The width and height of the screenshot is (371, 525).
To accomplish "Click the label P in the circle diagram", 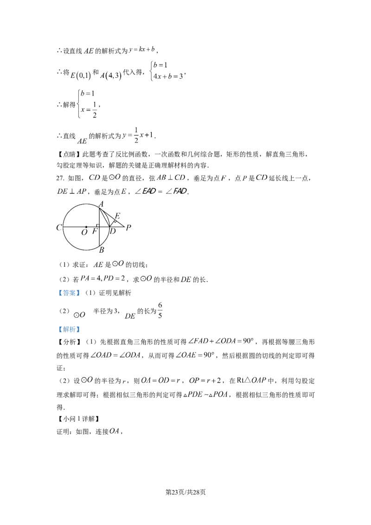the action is click(128, 228).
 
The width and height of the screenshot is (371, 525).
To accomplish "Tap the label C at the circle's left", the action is click(59, 228).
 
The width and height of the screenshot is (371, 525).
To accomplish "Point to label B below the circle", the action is click(102, 250).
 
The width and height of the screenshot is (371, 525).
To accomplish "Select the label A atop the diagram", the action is click(101, 204).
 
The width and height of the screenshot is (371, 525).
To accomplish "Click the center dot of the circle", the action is click(86, 227).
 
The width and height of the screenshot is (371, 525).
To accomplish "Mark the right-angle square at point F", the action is click(97, 226).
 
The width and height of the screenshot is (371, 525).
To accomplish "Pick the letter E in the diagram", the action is click(117, 216).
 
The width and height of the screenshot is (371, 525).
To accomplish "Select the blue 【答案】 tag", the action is click(69, 293).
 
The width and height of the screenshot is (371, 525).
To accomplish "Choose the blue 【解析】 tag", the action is click(69, 329).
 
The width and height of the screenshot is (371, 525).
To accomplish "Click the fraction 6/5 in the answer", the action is click(160, 310).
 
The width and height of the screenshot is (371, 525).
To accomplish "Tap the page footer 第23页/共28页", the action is click(185, 492).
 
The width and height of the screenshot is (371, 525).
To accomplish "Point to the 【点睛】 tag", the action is click(69, 154).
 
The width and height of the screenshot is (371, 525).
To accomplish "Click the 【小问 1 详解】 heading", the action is click(79, 419).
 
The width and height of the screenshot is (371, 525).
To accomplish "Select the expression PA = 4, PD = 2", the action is click(103, 279).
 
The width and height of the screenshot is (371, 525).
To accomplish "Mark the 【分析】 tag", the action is click(69, 342).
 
